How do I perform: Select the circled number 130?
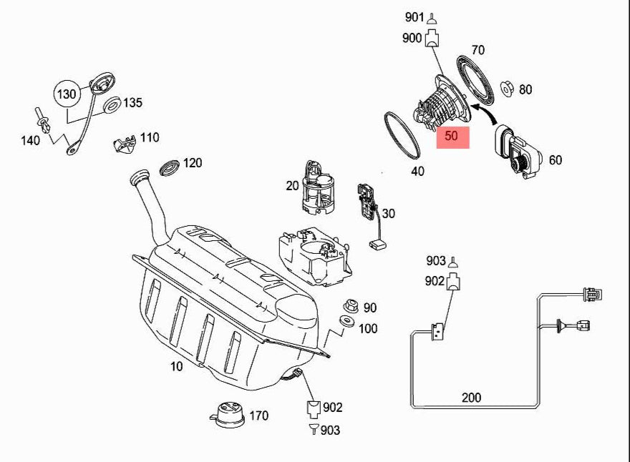point(67,94)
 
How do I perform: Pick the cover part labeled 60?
point(517,153)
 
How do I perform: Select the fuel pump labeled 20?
point(319,188)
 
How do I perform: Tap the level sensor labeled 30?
point(369,207)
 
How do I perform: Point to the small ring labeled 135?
point(112,107)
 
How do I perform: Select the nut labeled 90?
point(351,306)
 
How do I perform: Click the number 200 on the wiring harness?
point(472,397)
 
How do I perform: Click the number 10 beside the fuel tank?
point(176,366)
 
